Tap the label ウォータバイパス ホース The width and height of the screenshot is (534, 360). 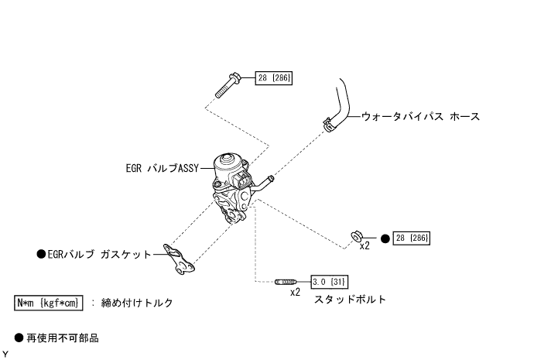pos(420,117)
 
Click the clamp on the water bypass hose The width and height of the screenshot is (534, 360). pos(329,122)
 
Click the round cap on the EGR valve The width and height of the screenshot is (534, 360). pos(229,162)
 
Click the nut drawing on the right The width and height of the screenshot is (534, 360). pos(358,235)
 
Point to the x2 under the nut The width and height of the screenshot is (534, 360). pos(365,247)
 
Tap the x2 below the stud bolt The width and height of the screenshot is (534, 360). pos(295,293)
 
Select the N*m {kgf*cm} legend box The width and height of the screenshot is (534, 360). pos(48,303)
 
